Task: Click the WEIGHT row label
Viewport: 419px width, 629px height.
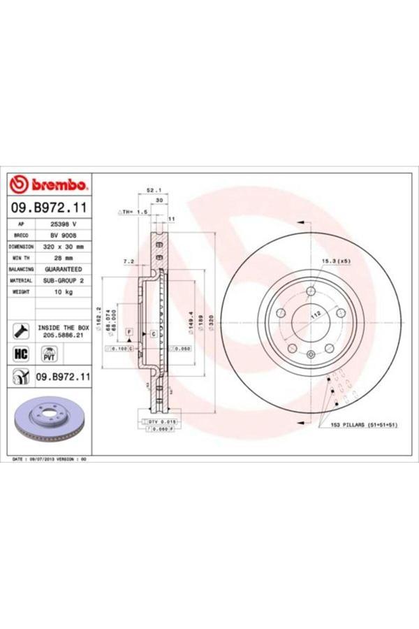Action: tap(22, 291)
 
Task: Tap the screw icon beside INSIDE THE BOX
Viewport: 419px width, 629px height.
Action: tap(21, 331)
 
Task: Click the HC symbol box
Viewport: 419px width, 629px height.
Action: tap(21, 354)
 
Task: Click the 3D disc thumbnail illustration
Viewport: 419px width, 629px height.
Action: tap(48, 423)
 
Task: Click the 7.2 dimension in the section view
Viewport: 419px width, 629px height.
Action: tap(128, 261)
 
